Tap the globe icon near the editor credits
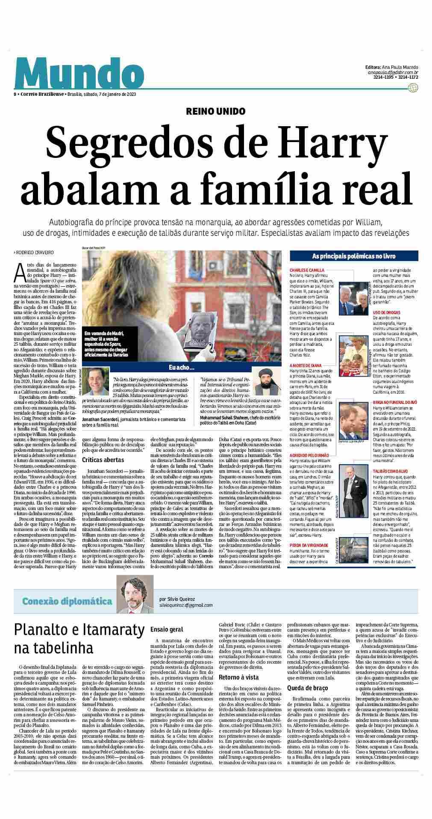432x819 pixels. pos(412,88)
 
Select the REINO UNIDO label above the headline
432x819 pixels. pos(216,111)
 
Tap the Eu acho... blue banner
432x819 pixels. pos(182,367)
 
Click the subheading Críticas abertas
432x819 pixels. pos(103,460)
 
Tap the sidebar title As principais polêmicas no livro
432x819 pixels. pos(353,256)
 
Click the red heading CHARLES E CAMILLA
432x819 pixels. pos(307,270)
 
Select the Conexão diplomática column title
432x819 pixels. pos(68,601)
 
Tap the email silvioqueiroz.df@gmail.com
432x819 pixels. pos(185,605)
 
